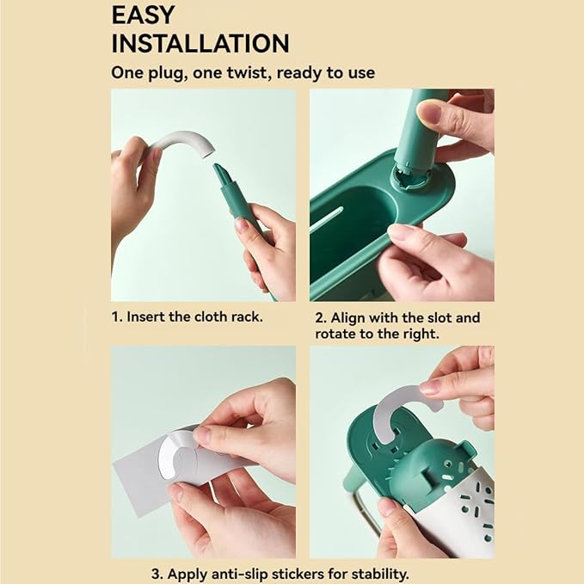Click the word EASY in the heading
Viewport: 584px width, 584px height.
pos(143,15)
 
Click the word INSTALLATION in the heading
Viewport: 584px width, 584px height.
pos(200,44)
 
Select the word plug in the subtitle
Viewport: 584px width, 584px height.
pos(166,73)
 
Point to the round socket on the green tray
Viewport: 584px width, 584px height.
pos(411,178)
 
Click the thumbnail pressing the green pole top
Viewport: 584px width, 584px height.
pos(428,113)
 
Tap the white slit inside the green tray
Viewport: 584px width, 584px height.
pos(327,219)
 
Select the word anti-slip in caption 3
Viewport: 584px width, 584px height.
pos(240,574)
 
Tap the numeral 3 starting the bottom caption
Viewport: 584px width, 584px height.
pos(157,574)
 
